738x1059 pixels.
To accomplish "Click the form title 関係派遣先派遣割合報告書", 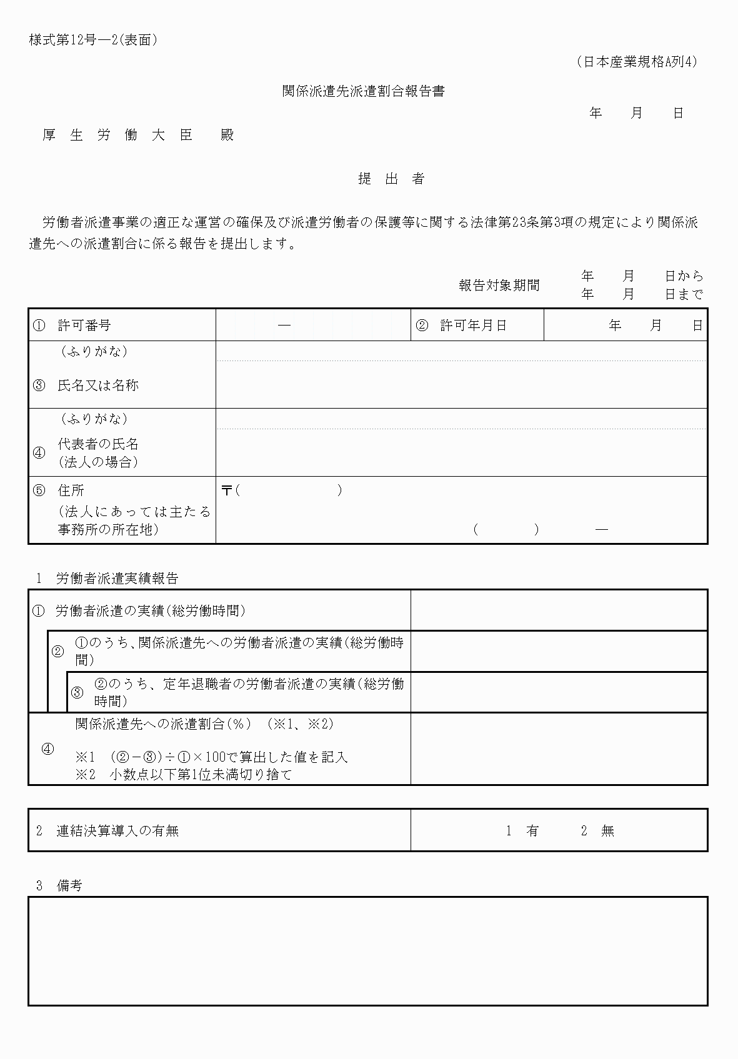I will [363, 92].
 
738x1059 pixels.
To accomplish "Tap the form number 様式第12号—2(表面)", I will [93, 41].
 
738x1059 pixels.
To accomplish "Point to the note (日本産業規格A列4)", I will [636, 62].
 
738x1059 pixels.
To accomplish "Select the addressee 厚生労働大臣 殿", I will [138, 135].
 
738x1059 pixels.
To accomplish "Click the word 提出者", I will [391, 179].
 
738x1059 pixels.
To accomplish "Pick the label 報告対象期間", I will [499, 286].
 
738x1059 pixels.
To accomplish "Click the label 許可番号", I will [84, 326].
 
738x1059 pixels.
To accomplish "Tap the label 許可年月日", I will [473, 326].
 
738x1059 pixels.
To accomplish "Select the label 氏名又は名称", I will [98, 385].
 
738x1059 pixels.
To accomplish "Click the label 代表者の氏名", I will [98, 444].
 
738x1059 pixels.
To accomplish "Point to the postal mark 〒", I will [226, 490].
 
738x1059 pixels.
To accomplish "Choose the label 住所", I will [71, 490].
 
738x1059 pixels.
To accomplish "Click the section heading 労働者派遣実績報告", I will [117, 579].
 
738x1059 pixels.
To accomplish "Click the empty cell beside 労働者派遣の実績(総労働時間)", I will [559, 610].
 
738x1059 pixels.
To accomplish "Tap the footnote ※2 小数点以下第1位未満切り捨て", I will [184, 775].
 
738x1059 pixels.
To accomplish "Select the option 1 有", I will [523, 831].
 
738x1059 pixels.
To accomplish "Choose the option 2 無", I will [598, 831].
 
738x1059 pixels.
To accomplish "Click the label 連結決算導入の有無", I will [117, 831].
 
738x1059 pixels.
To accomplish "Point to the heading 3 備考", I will [59, 886].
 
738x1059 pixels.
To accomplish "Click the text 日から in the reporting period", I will [684, 276].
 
